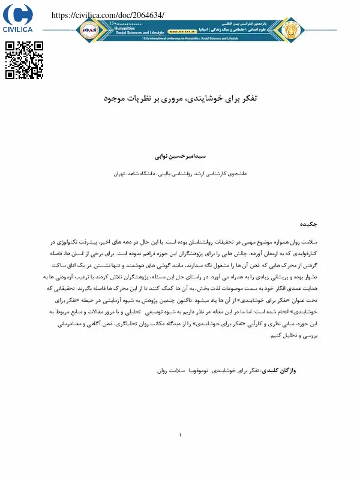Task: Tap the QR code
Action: (25, 60)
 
